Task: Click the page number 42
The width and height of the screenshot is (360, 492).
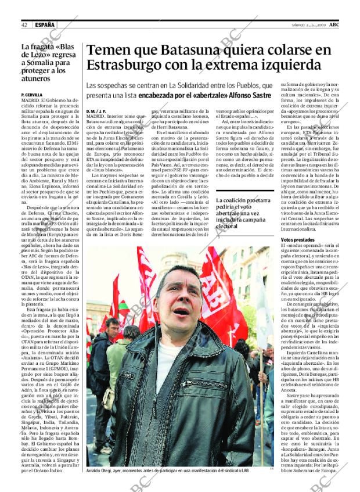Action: (24, 25)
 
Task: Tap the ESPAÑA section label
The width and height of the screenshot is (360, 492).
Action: (44, 25)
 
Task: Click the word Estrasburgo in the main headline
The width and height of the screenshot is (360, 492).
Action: (129, 67)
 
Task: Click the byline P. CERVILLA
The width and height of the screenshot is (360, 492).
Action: (32, 94)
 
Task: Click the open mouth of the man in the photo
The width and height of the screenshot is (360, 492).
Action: (181, 311)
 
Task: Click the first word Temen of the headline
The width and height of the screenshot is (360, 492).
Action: (108, 50)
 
